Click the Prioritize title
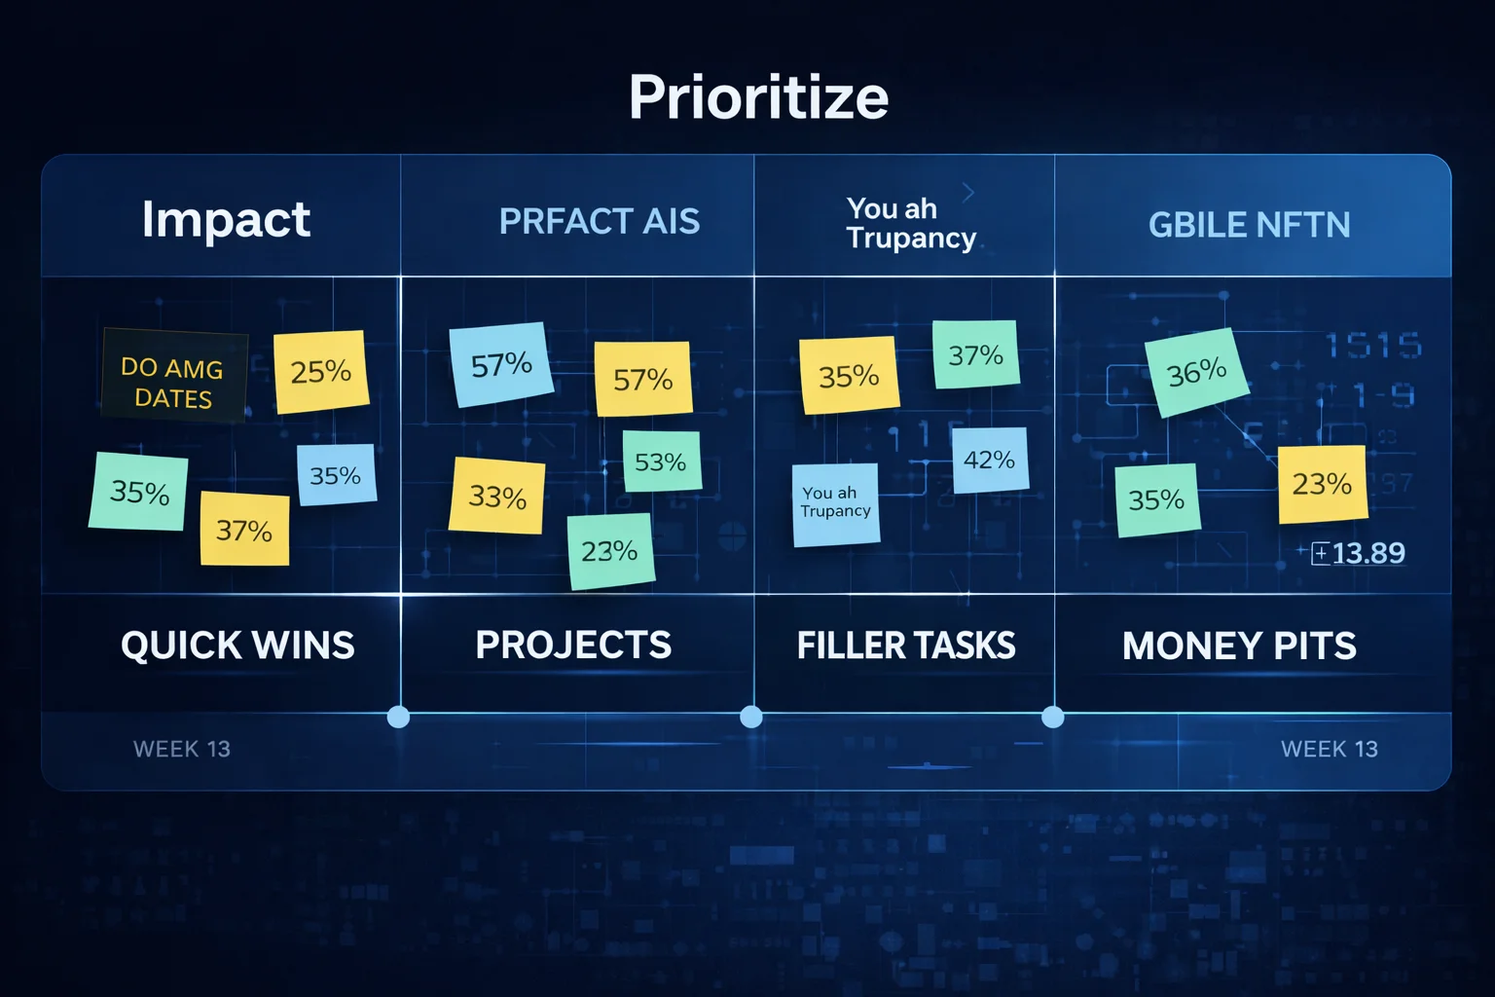coord(758,97)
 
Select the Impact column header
coord(226,219)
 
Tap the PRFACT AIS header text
coord(599,222)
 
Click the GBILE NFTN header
coord(1249,225)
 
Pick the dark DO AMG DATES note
coord(173,377)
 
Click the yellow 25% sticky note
coord(320,371)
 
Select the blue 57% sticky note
coord(500,364)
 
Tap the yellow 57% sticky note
coord(642,379)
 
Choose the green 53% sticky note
coord(661,462)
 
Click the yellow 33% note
coord(496,497)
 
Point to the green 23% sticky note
coord(610,551)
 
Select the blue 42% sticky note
coord(989,460)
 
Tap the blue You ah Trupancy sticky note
coord(835,503)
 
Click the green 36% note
coord(1196,372)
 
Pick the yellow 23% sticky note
coord(1321,484)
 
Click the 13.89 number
coord(1367,553)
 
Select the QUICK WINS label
coord(237,646)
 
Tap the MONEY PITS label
coord(1238,646)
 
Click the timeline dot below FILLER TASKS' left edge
coord(750,718)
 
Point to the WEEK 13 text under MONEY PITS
coord(1329,749)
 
